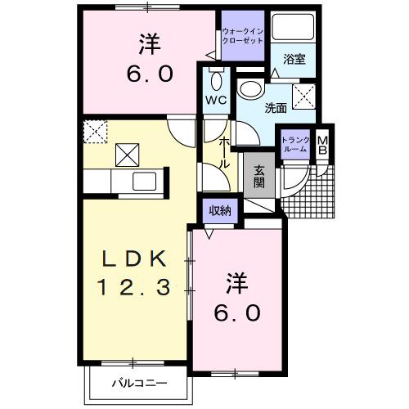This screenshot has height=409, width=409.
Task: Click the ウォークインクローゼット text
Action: (243, 37)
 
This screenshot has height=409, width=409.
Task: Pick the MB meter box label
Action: (322, 146)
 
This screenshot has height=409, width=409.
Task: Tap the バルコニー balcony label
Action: (140, 382)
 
